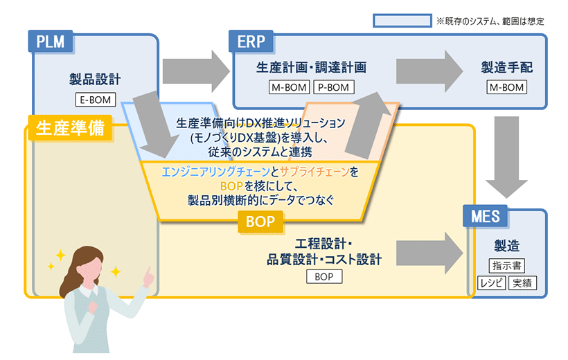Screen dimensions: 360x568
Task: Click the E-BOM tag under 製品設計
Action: [95, 99]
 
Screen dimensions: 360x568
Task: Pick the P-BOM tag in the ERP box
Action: [334, 87]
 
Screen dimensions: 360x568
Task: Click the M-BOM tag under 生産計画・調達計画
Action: [290, 87]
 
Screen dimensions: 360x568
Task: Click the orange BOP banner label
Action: [260, 222]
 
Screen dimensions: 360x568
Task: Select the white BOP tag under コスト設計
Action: [324, 276]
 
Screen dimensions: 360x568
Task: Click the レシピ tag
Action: [490, 282]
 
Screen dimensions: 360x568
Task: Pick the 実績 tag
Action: [522, 282]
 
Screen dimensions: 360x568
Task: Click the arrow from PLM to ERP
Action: [195, 69]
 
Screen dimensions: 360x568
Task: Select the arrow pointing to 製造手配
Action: [429, 69]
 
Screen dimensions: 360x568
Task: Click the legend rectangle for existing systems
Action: [402, 21]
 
